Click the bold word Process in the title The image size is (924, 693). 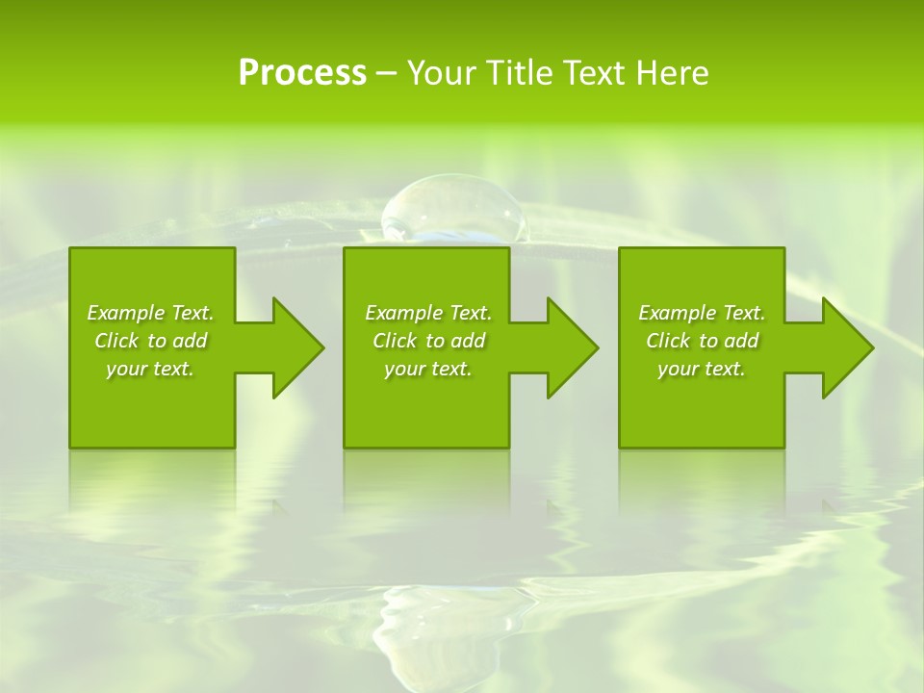(x=302, y=73)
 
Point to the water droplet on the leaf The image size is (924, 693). (x=453, y=208)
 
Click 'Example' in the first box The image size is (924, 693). (x=125, y=313)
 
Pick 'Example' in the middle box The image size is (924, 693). (x=403, y=313)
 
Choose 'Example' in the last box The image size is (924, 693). (x=677, y=313)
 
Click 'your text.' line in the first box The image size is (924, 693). (x=150, y=369)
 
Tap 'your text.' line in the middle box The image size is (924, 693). (x=428, y=369)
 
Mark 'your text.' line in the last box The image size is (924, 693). (x=702, y=369)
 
